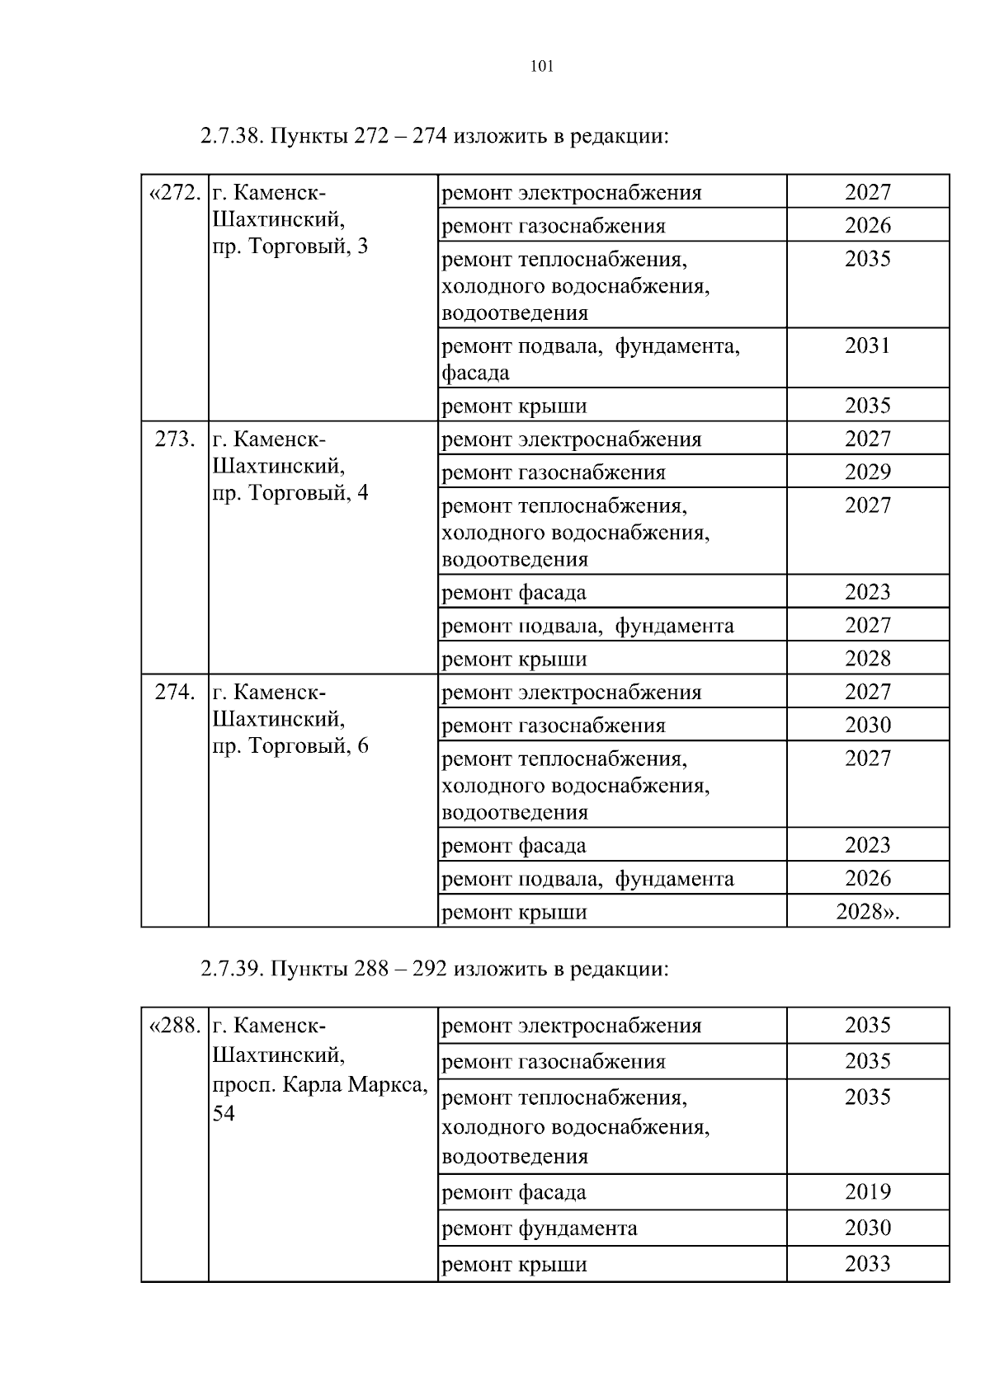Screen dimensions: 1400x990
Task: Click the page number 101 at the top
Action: tap(541, 67)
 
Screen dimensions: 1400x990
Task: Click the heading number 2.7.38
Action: tap(231, 135)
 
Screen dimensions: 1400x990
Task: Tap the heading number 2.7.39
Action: tap(231, 968)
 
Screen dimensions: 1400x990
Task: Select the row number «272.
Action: tap(175, 193)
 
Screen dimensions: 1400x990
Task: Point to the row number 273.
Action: tap(175, 439)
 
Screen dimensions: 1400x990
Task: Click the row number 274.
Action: tap(175, 693)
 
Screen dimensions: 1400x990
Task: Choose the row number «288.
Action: tap(175, 1026)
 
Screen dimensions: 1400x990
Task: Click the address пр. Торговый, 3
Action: tap(290, 247)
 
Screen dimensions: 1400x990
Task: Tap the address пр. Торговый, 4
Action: tap(290, 493)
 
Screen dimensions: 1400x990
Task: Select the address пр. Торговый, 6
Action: tap(290, 746)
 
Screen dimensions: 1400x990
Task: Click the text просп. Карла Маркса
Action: tap(320, 1085)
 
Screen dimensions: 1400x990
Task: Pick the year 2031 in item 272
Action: tap(868, 345)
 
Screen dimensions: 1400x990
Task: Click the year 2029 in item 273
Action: tap(868, 472)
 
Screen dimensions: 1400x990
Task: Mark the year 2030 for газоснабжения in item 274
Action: tap(868, 726)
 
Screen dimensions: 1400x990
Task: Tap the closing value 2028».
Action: tap(868, 912)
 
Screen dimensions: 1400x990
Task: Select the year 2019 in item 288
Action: tap(868, 1191)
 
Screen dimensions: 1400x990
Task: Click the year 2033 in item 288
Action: tap(868, 1264)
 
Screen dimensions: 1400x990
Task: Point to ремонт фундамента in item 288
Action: tap(540, 1229)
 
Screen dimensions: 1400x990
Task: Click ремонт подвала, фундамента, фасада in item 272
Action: tap(591, 359)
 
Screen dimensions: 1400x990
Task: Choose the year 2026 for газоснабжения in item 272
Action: tap(868, 226)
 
